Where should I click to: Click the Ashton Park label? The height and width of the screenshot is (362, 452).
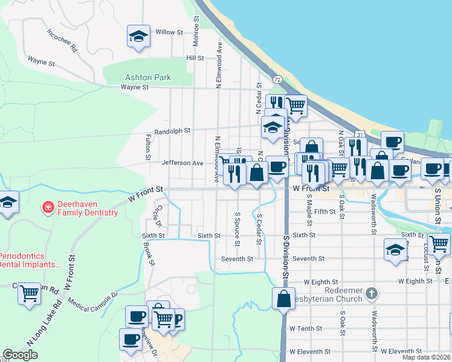pyautogui.click(x=147, y=77)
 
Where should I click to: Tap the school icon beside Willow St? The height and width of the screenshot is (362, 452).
pyautogui.click(x=138, y=36)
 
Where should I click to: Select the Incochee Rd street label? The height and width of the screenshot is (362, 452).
pyautogui.click(x=62, y=40)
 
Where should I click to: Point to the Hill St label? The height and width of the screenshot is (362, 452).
pyautogui.click(x=195, y=58)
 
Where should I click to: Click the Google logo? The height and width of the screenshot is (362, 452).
pyautogui.click(x=20, y=355)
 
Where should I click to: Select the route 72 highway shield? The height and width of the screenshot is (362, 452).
pyautogui.click(x=277, y=80)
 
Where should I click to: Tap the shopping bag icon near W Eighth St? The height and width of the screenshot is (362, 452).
pyautogui.click(x=283, y=298)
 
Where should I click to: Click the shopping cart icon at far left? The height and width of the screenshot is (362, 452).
pyautogui.click(x=29, y=293)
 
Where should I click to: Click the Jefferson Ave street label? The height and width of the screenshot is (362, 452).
pyautogui.click(x=182, y=163)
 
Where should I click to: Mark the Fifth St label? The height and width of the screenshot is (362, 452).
pyautogui.click(x=324, y=212)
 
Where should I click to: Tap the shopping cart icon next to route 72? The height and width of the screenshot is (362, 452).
pyautogui.click(x=295, y=105)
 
